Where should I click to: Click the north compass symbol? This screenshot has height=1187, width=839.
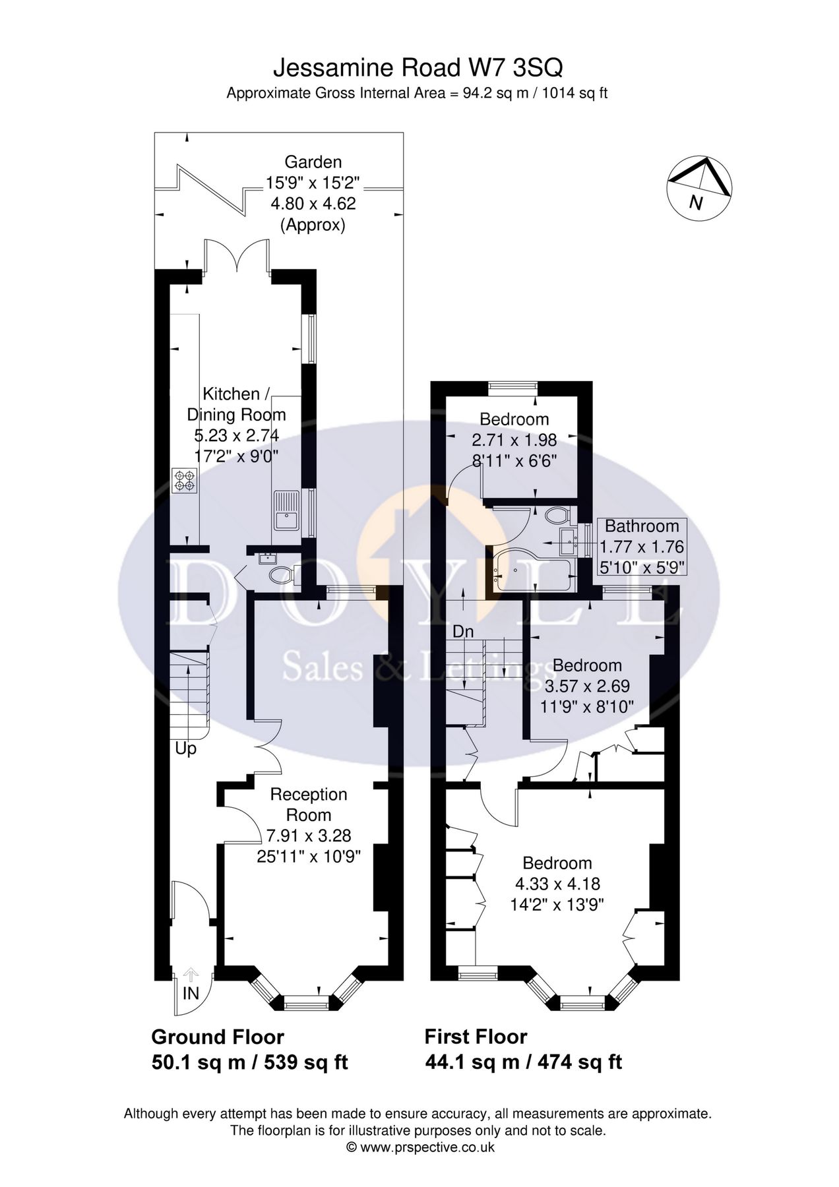pos(699,187)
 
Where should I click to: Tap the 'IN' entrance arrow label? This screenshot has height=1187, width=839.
pos(191,993)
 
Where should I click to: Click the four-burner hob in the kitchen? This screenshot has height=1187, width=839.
pos(184,480)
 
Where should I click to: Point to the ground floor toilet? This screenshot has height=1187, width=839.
pos(280,574)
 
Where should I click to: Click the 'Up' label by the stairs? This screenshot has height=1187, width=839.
pos(185,749)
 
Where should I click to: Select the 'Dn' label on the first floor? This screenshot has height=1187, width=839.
pos(463,631)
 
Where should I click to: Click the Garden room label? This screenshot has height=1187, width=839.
pos(313,162)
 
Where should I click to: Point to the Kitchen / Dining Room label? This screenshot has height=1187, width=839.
pos(236,404)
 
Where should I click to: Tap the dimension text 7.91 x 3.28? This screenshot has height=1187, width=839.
pos(308,836)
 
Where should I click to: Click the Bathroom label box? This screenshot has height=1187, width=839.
pos(642,546)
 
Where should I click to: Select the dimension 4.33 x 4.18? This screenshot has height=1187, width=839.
pos(557,883)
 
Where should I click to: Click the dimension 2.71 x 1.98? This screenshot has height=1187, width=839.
pos(514,439)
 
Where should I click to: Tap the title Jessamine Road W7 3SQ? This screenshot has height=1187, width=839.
pos(418,68)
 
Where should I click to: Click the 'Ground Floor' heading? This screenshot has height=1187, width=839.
pos(218,1037)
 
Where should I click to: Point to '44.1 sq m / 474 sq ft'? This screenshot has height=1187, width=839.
pos(523,1062)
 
